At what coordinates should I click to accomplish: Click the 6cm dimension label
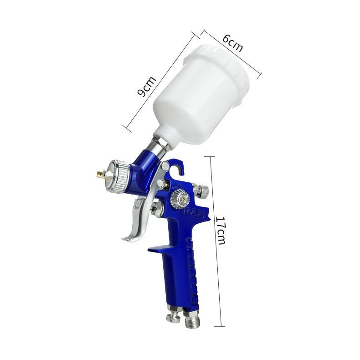point(232,44)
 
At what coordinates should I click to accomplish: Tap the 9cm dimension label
point(146,86)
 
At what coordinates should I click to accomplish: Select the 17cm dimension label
point(220,230)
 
